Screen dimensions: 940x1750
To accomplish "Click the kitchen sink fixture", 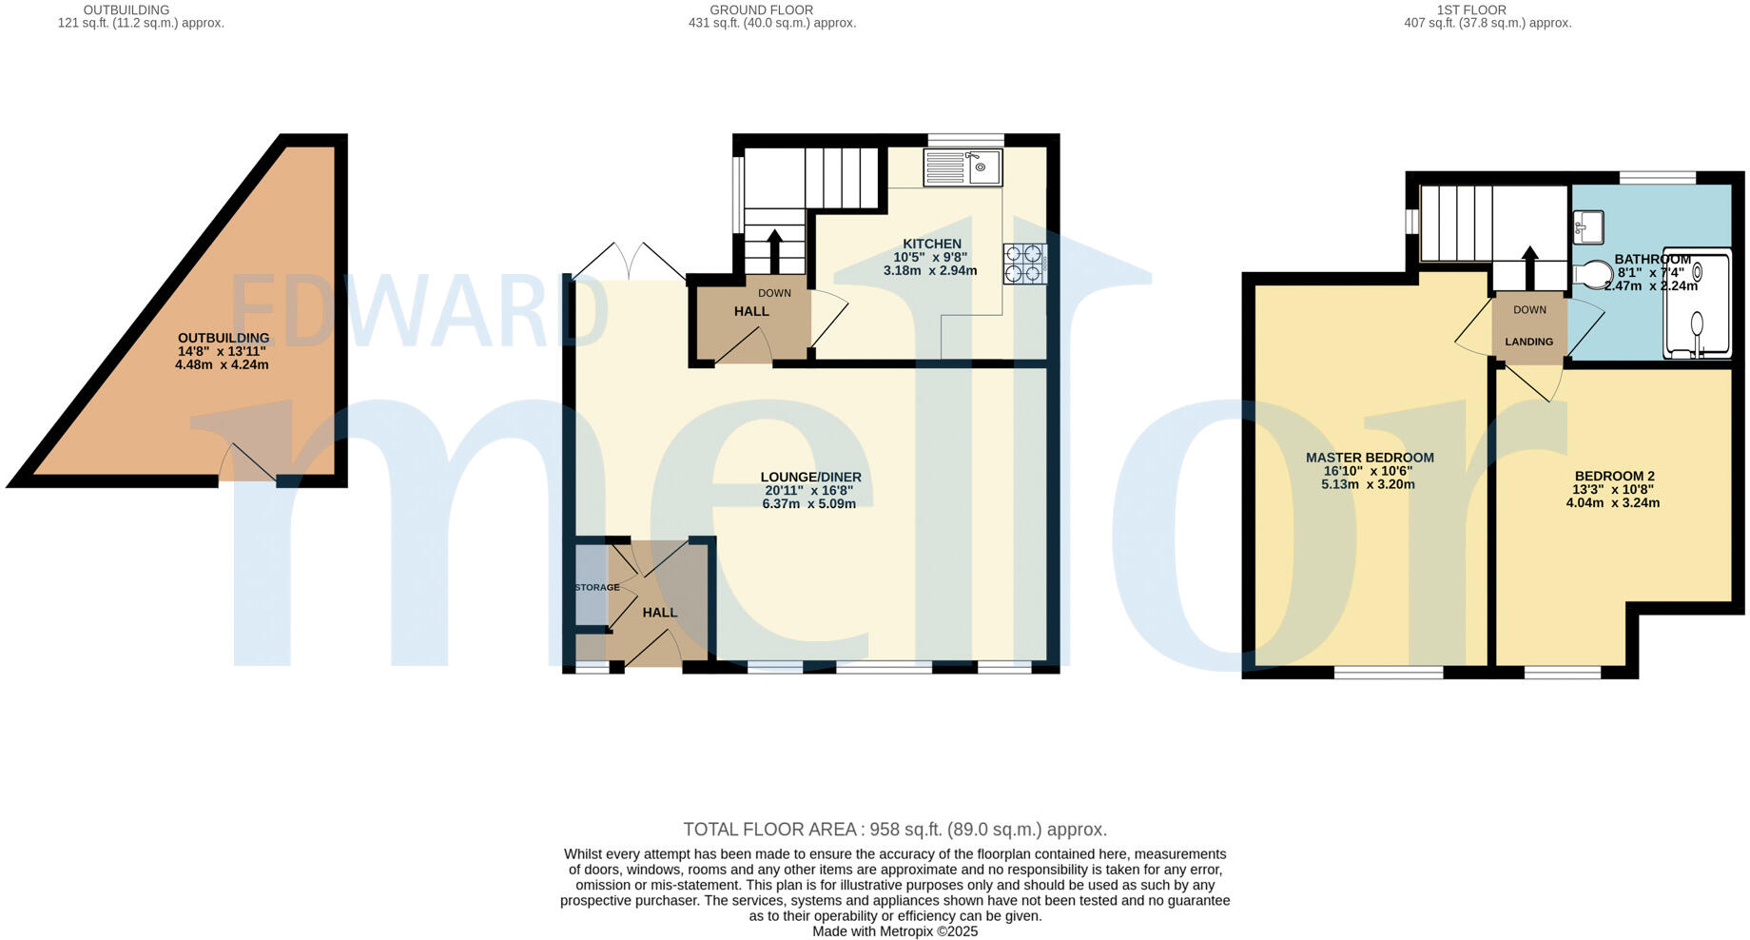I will click(x=962, y=168).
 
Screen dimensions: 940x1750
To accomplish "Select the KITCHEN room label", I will click(x=931, y=245).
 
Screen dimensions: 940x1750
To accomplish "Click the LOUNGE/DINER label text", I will click(x=810, y=478).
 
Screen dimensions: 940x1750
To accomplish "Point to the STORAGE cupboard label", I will click(x=596, y=588).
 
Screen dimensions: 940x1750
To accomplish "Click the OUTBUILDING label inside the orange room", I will click(x=224, y=339).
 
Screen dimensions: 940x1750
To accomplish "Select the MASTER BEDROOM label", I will click(x=1370, y=458).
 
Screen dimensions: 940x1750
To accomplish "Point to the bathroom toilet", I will click(x=1592, y=275).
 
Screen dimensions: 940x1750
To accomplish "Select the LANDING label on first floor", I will click(x=1528, y=342).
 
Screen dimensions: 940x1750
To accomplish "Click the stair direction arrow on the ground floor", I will click(x=773, y=250).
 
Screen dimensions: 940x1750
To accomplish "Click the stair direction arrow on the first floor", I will click(x=1529, y=266).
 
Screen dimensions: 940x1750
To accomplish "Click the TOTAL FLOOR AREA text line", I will click(x=894, y=830).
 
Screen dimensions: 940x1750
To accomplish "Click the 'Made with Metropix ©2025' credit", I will click(x=894, y=931).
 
